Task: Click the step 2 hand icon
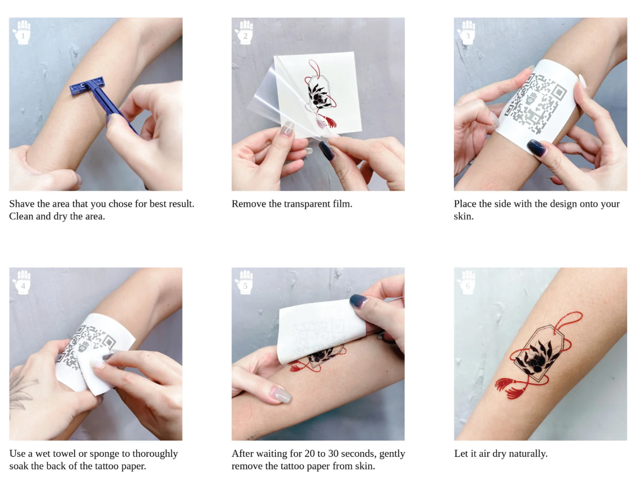[x=245, y=32]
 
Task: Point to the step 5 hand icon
[x=245, y=282]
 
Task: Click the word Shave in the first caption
[x=21, y=204]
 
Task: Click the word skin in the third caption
[x=463, y=216]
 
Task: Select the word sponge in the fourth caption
[x=104, y=454]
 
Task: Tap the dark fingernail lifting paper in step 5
[x=359, y=301]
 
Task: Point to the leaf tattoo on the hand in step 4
[x=21, y=389]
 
